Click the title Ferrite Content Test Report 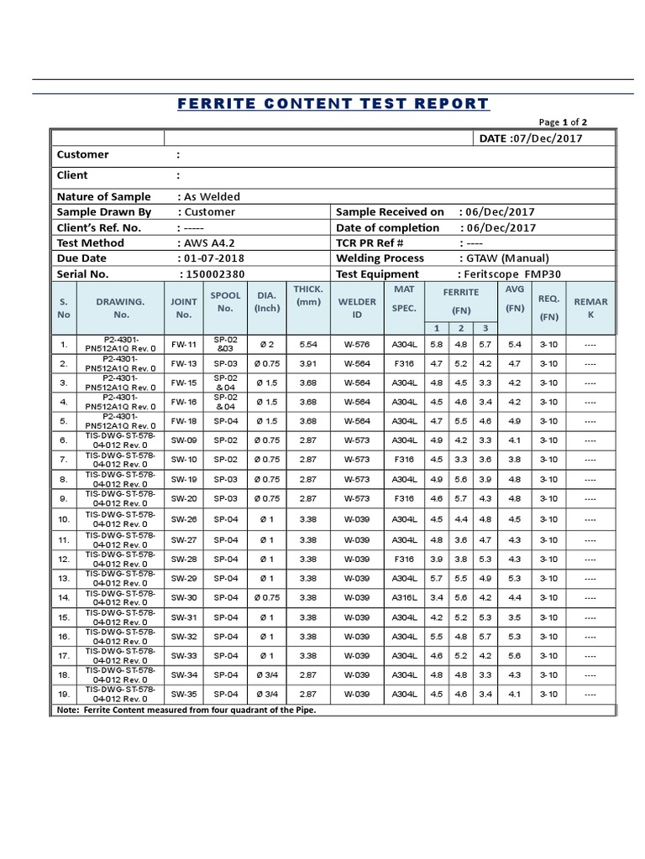pos(333,104)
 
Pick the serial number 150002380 pos(212,273)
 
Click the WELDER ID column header pos(357,308)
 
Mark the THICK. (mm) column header pos(308,295)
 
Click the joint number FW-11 pos(184,345)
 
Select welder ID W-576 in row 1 pos(357,345)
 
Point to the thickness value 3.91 pos(308,364)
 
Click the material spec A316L pos(404,597)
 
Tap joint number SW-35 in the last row pos(184,695)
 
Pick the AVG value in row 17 pos(515,656)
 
